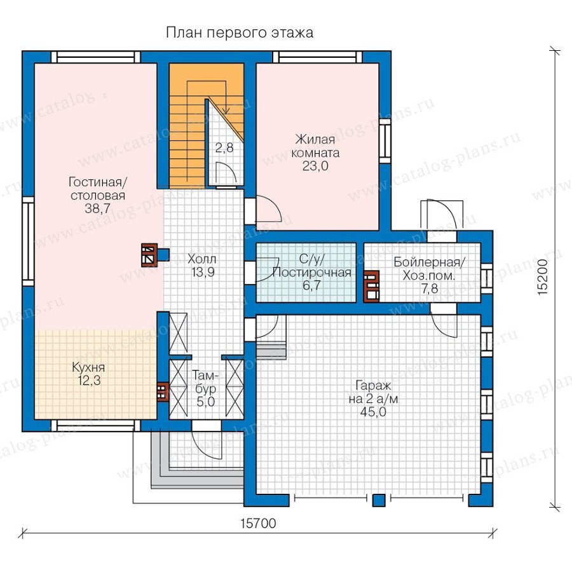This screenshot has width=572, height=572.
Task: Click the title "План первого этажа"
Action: pos(240,33)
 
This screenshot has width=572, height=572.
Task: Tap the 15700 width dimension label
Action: pos(258,524)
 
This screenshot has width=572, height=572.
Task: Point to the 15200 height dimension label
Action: pos(543,277)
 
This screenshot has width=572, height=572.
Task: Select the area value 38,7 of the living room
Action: pos(98,208)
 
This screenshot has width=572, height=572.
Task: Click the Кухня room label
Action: pos(88,367)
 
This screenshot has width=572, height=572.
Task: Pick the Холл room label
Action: pos(201,259)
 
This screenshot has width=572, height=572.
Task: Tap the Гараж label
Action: pos(373,385)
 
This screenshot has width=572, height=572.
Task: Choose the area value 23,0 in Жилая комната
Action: pos(315,166)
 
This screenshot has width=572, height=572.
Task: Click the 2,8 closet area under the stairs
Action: pos(224,148)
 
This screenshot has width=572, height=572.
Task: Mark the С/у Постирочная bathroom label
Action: pos(311,272)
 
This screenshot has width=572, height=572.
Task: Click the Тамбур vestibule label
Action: pos(206,388)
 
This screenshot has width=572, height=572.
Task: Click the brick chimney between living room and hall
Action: pos(149,255)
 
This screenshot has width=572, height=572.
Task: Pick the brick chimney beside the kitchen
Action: pos(162,392)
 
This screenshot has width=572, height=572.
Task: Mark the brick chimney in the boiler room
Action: pos(371,287)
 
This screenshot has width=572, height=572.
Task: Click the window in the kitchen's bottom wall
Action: pos(95,425)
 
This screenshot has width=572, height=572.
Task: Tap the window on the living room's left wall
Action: pos(28,242)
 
